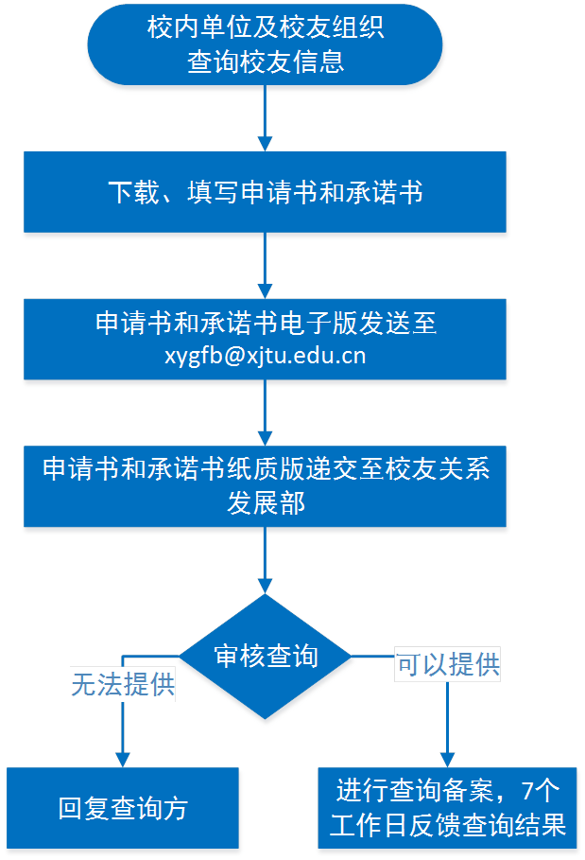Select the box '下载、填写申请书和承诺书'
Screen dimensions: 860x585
(266, 194)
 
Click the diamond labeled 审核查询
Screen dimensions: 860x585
(267, 655)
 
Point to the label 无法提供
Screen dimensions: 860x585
(124, 684)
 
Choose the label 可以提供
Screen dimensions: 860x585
(448, 664)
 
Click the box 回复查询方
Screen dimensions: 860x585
(123, 809)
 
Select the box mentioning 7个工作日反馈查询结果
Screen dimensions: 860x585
(448, 806)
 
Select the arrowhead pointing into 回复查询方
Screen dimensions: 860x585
(123, 757)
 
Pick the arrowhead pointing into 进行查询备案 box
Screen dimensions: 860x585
(448, 756)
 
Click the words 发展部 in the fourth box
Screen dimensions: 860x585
(266, 502)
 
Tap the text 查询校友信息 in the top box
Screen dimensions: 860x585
(266, 62)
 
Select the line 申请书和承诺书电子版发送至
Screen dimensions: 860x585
(266, 324)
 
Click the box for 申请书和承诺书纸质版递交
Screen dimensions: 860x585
(266, 486)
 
